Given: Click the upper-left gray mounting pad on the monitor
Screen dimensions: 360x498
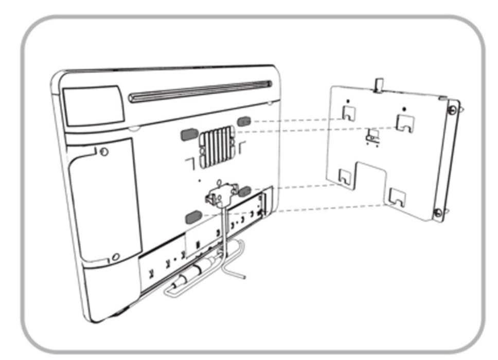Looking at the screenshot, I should point(188,134).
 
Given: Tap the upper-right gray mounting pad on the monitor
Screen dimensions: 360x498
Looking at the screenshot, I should point(244,120).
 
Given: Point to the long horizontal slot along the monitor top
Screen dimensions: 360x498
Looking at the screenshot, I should point(201,91).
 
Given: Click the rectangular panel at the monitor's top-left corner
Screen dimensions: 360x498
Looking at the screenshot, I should point(93,105).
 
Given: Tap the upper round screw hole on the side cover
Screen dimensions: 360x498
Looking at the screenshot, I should point(104,152).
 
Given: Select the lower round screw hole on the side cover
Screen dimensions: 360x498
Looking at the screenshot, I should point(116,256).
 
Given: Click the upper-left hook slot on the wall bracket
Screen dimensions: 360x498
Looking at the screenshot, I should point(349,114).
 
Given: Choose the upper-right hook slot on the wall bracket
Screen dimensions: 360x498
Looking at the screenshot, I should point(404,122).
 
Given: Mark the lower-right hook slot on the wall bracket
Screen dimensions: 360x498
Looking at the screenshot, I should point(398,197).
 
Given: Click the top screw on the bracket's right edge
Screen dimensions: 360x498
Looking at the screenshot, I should point(451,110).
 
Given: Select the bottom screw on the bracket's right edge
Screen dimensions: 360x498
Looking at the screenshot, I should point(437,211).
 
